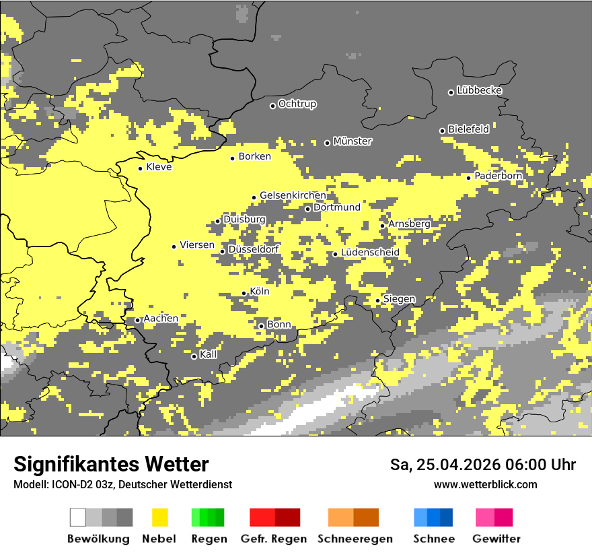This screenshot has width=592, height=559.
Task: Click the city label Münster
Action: pos(353,141)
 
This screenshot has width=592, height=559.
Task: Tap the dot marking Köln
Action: pos(244,293)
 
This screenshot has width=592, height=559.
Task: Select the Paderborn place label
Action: pos(498,176)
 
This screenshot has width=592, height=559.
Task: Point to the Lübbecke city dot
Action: pos(451,92)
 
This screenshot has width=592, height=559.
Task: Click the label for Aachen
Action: pos(161,319)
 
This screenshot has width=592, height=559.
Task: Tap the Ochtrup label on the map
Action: pos(297,104)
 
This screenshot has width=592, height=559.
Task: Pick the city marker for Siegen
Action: pos(378,300)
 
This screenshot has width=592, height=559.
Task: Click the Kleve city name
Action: pos(159,167)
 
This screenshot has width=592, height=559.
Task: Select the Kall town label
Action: pos(209,354)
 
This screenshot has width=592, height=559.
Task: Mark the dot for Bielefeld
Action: pos(443,131)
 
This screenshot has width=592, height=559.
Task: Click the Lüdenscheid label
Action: pos(370,253)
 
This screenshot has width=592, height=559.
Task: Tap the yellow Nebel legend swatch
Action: pos(159,517)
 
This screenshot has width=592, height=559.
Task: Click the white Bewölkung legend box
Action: pos(78,517)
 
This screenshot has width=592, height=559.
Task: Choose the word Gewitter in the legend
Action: pos(496,539)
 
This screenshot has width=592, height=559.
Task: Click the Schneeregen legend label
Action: pos(355,539)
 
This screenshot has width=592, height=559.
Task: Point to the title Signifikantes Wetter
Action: pos(111,465)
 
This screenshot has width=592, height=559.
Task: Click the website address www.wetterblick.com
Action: pos(485,484)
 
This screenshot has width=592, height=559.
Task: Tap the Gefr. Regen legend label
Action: pos(274,539)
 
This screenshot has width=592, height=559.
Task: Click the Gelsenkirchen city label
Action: pos(293,195)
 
